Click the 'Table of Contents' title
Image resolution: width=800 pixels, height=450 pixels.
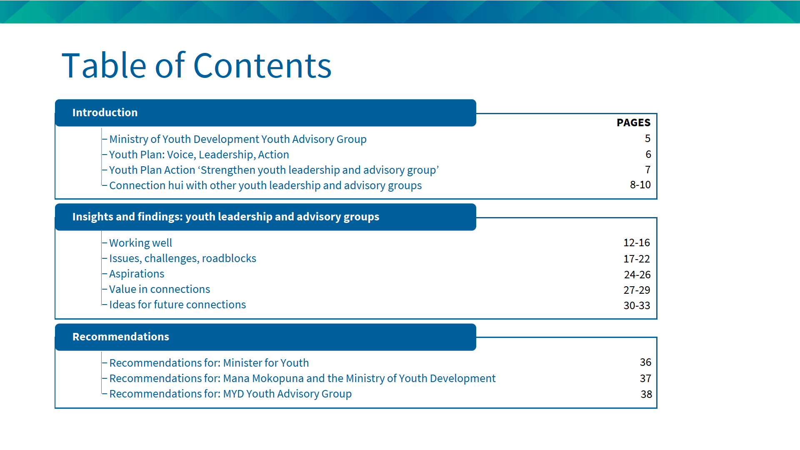[196, 65]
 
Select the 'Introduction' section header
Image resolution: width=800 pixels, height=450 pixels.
[105, 112]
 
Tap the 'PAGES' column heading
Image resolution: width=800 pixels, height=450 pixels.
[633, 122]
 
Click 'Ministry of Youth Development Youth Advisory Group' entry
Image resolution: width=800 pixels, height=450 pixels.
[238, 139]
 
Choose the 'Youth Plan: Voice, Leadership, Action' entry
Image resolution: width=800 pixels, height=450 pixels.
[199, 155]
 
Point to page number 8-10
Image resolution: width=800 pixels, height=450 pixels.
[640, 185]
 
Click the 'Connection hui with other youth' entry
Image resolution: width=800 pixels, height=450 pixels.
[265, 185]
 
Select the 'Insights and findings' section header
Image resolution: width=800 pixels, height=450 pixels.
[226, 217]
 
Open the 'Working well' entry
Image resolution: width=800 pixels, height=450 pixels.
[140, 243]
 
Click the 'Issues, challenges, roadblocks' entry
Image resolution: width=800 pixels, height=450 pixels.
[182, 258]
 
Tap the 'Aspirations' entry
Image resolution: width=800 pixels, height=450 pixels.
[137, 274]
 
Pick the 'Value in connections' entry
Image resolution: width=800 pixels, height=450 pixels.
[160, 289]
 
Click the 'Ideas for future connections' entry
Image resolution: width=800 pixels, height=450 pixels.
[177, 305]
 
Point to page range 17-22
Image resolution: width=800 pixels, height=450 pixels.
[637, 259]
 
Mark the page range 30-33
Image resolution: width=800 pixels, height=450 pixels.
[637, 305]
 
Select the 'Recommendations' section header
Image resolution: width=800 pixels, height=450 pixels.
[121, 337]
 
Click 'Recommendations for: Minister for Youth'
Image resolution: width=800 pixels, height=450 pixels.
[209, 363]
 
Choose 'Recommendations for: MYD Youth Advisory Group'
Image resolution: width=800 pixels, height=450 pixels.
[230, 394]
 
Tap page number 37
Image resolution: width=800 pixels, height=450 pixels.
[645, 378]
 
